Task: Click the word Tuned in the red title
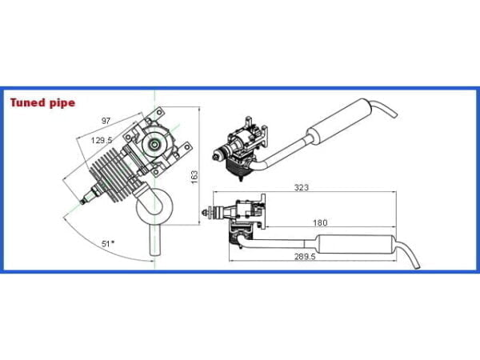tap(27, 103)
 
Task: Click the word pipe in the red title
tap(62, 104)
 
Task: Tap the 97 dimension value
tap(106, 121)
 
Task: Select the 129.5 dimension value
tap(102, 141)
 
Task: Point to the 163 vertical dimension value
tap(194, 177)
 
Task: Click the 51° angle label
tap(108, 244)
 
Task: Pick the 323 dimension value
tap(302, 187)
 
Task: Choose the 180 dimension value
tap(320, 223)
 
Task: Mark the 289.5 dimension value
tap(305, 257)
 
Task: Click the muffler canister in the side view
tap(356, 244)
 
